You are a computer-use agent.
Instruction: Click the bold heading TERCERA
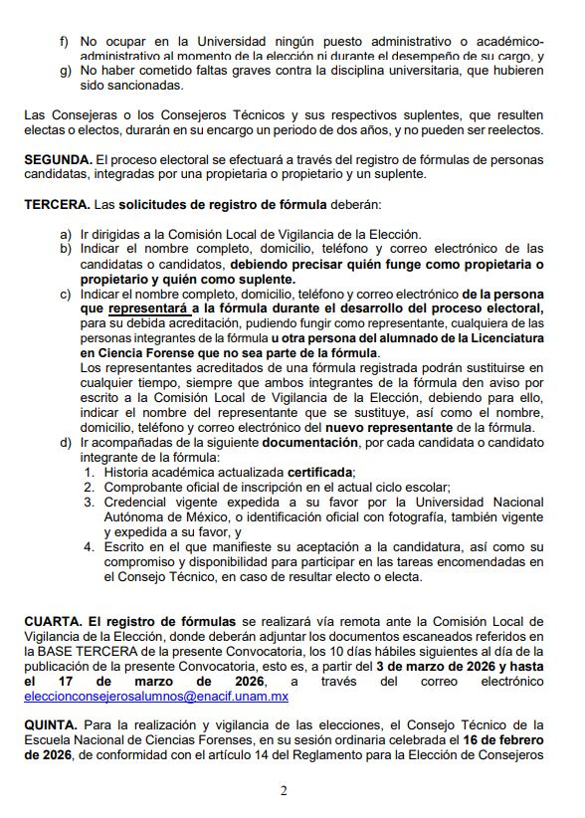click(55, 205)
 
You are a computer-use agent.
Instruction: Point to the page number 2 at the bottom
click(284, 791)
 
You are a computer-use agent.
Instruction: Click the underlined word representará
click(148, 309)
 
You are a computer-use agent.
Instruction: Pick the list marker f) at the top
click(66, 41)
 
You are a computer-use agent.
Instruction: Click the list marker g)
click(66, 71)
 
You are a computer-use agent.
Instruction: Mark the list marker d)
click(66, 441)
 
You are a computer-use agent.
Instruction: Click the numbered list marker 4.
click(90, 546)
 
